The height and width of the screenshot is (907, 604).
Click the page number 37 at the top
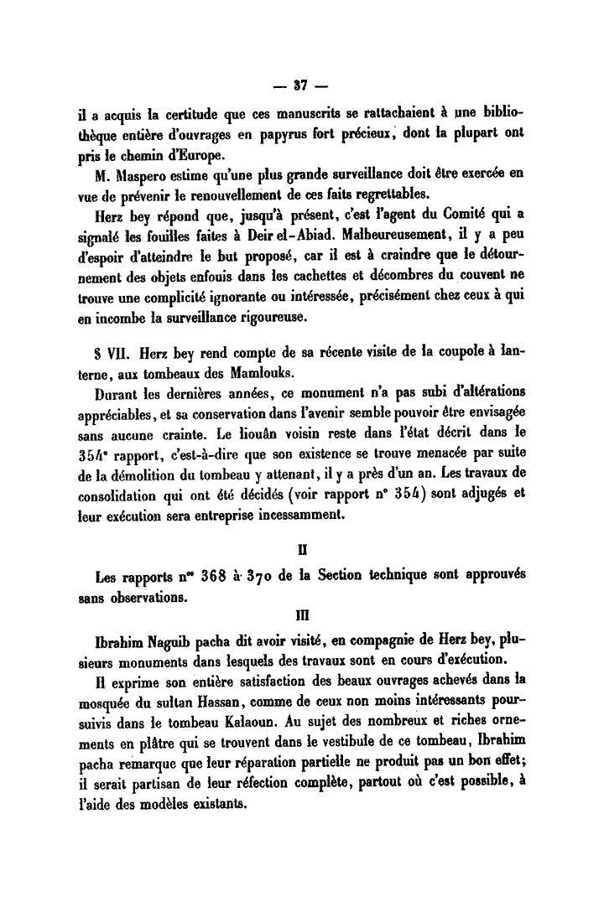point(302,85)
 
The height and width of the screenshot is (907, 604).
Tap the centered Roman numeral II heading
point(302,554)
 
